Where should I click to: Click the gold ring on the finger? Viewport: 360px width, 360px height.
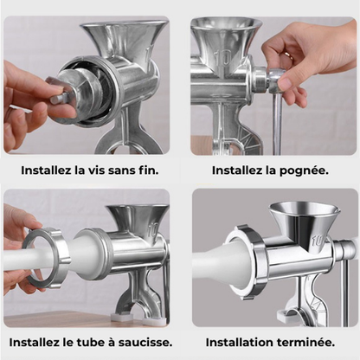289,55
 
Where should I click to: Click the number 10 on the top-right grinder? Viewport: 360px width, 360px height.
224,58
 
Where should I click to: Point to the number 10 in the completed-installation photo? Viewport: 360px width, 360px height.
318,241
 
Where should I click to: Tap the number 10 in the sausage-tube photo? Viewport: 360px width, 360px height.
153,230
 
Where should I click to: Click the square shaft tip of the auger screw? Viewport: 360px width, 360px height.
58,99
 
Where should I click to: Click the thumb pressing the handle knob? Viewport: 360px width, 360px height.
285,81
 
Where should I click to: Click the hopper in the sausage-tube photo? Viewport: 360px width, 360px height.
138,219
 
